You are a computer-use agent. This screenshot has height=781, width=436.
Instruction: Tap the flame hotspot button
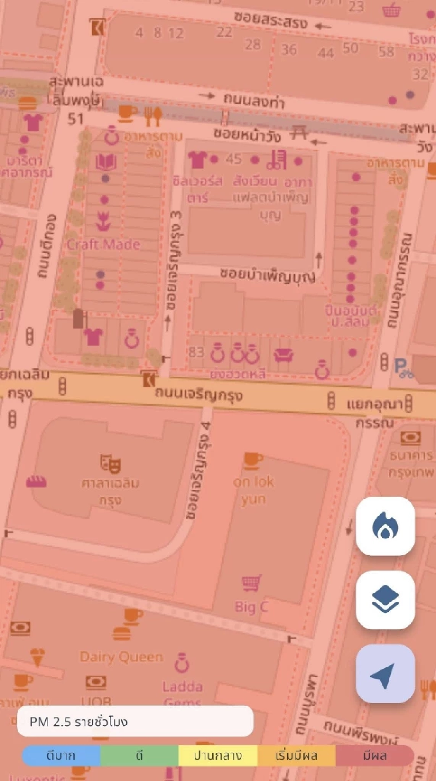pos(385,526)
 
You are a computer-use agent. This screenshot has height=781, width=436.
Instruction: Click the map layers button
pos(385,600)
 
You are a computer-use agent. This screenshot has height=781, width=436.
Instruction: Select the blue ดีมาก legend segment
pos(61,756)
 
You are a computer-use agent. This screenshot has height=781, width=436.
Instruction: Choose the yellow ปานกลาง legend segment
pos(218,756)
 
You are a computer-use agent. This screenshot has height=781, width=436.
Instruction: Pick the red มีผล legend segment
pos(375,756)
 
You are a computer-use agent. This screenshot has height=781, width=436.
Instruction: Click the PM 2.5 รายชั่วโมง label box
pos(135,721)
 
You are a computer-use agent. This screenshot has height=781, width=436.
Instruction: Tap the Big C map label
pos(251,606)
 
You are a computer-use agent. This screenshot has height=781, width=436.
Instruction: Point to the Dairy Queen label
pos(121,657)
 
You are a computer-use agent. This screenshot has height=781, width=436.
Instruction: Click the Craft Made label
pos(104,244)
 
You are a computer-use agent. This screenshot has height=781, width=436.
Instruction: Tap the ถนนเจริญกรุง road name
pos(199,394)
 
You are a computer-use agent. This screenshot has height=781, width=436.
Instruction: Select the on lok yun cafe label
pos(253,490)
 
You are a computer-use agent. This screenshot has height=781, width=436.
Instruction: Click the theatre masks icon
pos(110,463)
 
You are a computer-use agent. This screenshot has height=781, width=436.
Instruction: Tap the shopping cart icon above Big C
pos(252,583)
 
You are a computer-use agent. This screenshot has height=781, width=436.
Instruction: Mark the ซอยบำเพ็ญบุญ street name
pos(267,274)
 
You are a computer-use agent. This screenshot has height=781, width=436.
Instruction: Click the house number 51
pos(75,119)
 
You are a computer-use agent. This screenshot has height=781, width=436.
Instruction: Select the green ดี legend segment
pos(139,756)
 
